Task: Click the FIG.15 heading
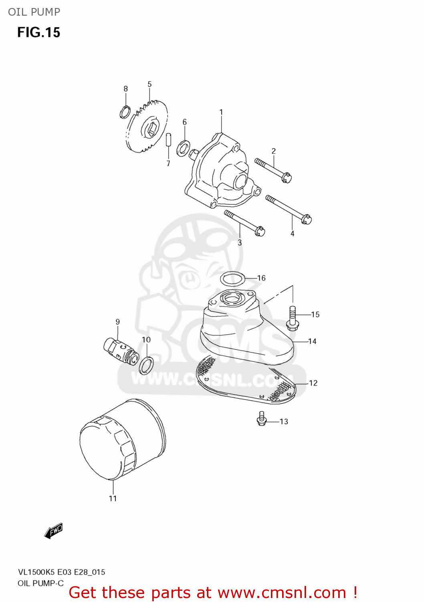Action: click(x=38, y=33)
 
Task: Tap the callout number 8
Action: click(x=125, y=89)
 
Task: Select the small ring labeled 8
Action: click(x=125, y=112)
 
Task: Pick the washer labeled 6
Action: click(x=183, y=148)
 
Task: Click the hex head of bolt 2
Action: click(x=287, y=177)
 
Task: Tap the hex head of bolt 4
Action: click(x=306, y=220)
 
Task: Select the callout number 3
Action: click(x=240, y=242)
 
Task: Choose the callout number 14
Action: click(x=312, y=342)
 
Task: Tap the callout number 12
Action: click(x=313, y=383)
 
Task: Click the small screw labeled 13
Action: click(x=262, y=419)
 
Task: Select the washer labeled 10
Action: click(x=146, y=365)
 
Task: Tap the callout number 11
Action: click(x=113, y=498)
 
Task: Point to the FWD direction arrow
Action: click(x=54, y=531)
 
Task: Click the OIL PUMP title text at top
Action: click(x=34, y=12)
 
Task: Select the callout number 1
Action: click(x=221, y=112)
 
